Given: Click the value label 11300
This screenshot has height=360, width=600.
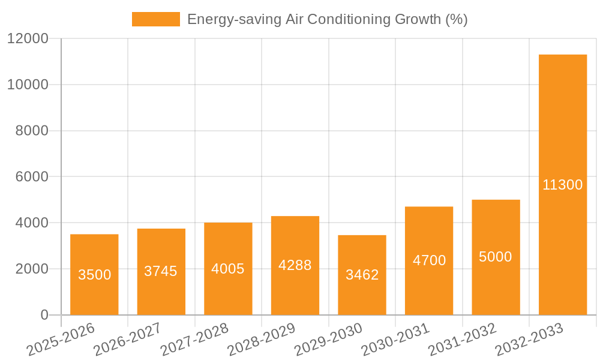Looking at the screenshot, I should click(562, 185).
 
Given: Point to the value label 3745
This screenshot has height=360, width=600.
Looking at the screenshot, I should click(161, 271).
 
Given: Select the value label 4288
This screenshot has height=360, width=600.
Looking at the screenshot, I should click(295, 265).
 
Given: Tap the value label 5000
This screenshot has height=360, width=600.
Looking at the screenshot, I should click(496, 257).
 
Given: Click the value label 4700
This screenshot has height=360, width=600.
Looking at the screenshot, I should click(429, 260).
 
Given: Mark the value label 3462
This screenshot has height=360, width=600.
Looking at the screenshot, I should click(362, 275).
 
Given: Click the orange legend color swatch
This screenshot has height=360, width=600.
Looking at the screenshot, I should click(155, 19).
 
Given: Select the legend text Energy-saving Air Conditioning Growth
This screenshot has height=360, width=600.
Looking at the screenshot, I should click(327, 19).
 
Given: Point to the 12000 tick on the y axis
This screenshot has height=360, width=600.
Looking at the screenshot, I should click(28, 38).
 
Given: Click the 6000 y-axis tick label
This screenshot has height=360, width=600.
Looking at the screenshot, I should click(32, 177).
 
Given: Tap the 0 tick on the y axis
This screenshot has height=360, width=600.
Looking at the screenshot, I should click(44, 315).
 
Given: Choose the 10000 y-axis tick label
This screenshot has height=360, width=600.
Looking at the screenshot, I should click(28, 85).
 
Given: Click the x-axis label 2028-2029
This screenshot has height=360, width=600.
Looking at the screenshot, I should click(261, 340).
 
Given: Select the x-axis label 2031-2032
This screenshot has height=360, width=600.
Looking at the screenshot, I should click(462, 340).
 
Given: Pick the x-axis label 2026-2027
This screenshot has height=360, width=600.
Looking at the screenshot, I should click(127, 340).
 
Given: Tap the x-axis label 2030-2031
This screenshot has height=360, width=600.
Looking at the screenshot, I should click(395, 340).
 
